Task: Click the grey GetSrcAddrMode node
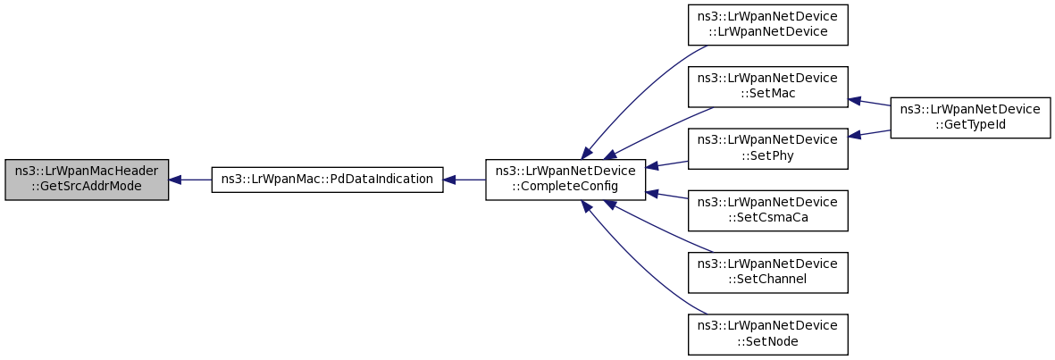coord(86,180)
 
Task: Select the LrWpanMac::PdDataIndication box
coord(327,180)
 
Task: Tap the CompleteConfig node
coord(565,180)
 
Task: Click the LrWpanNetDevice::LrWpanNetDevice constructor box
coord(767,25)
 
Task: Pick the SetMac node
coord(767,87)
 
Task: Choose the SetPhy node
coord(767,148)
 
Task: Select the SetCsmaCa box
coord(767,211)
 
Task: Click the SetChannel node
coord(767,272)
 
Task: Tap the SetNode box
coord(767,334)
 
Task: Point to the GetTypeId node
coord(970,118)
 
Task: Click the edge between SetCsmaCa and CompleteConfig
coord(666,195)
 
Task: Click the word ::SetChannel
coord(767,280)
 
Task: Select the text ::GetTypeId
coord(970,124)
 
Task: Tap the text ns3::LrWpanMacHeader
coord(86,172)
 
